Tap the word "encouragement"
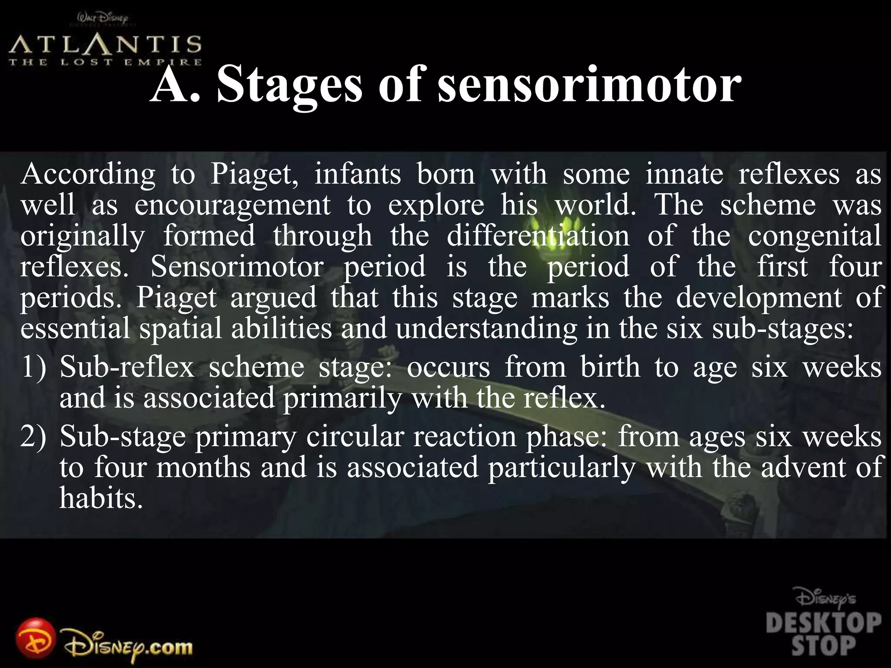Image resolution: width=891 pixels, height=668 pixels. [233, 205]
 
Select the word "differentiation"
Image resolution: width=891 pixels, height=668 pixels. [538, 236]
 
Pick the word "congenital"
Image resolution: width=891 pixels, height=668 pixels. [814, 236]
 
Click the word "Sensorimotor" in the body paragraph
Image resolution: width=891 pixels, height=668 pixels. [237, 267]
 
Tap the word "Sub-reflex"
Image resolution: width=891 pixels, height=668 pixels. [127, 367]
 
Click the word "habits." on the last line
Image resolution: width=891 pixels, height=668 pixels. [101, 498]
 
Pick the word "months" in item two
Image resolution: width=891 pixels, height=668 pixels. [203, 467]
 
